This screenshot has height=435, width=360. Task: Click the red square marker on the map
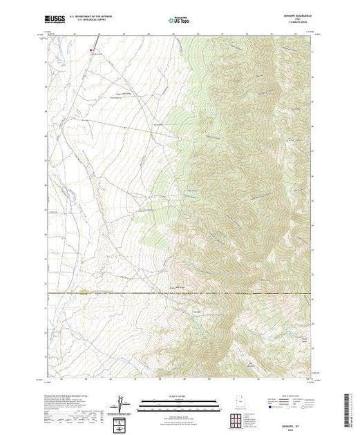pos(91,50)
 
